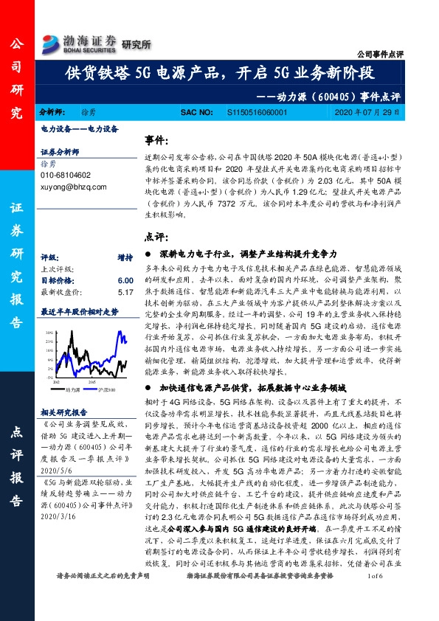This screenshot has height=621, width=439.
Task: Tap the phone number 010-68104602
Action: [x=66, y=176]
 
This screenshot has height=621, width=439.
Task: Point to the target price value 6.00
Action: [x=125, y=281]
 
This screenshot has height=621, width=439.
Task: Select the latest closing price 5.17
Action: [x=125, y=292]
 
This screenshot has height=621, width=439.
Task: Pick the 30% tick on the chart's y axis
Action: [x=48, y=333]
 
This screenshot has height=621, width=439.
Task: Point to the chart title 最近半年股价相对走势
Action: [x=78, y=312]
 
